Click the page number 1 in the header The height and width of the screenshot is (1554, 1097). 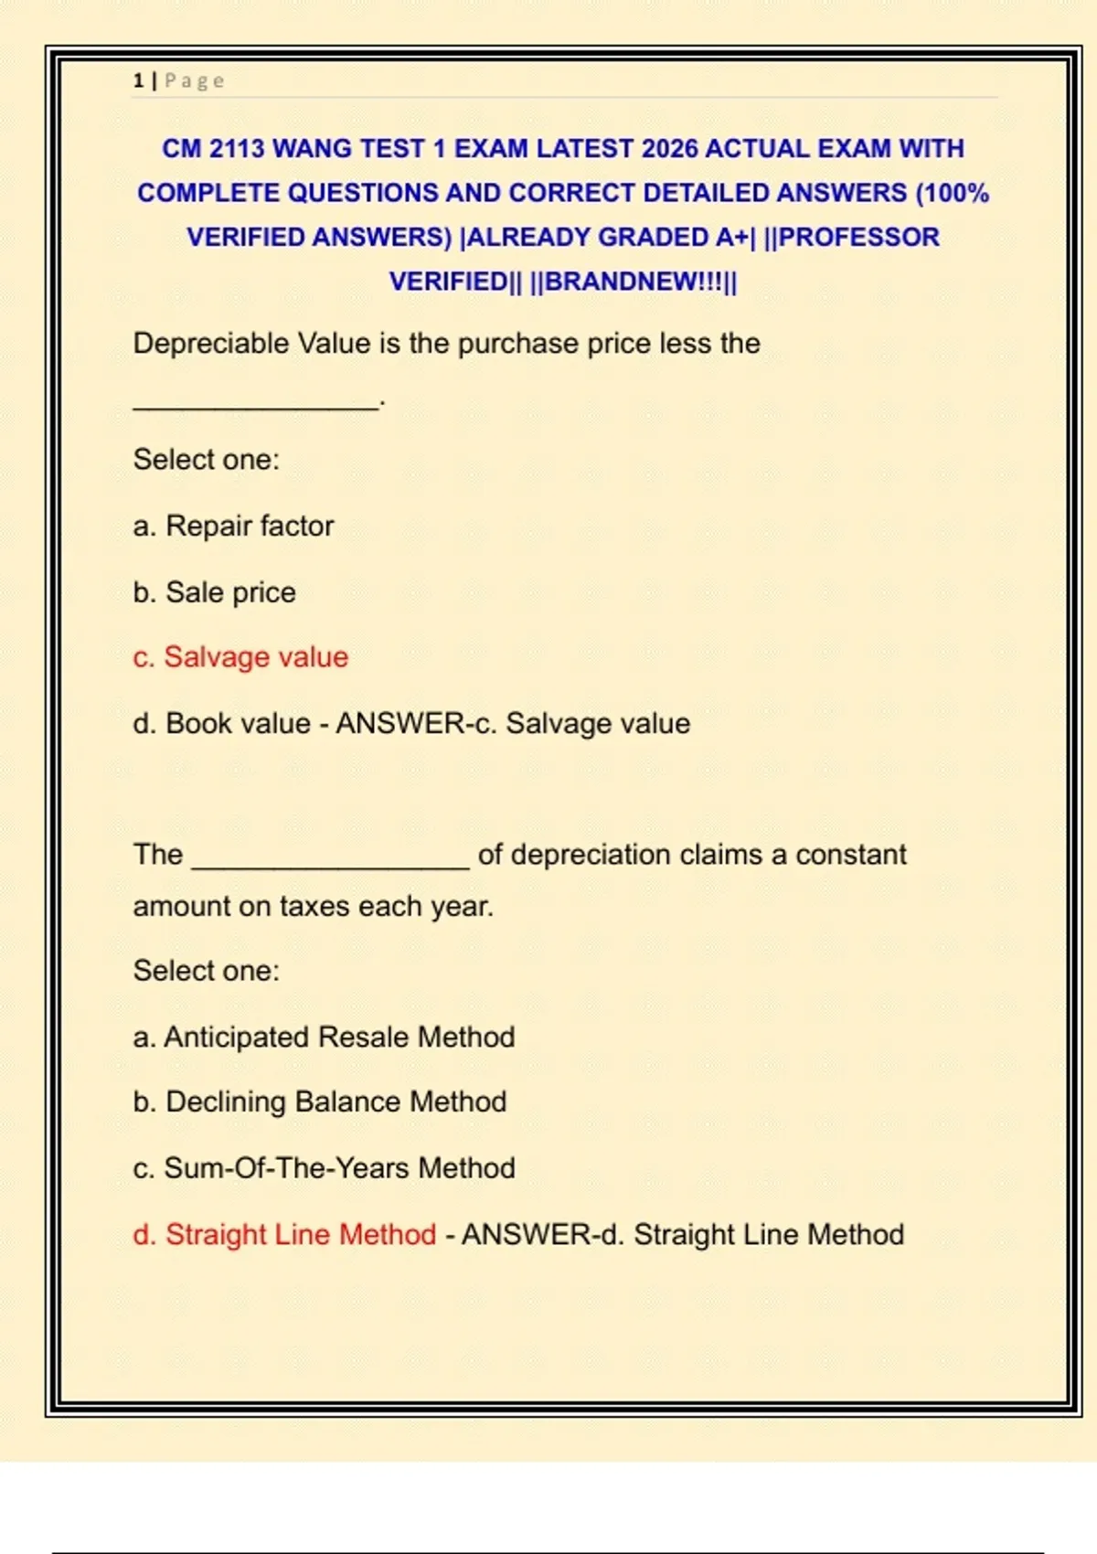click(138, 80)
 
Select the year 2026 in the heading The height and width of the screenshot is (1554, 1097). click(669, 148)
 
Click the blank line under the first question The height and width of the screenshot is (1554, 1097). click(255, 405)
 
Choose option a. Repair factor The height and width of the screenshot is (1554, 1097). click(233, 526)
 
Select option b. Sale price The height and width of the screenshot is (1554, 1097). click(214, 592)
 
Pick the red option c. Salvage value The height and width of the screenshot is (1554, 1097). click(240, 657)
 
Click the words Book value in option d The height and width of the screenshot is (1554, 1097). click(238, 723)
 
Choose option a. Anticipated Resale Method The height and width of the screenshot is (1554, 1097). click(324, 1037)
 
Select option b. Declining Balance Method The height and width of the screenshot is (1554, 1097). click(319, 1102)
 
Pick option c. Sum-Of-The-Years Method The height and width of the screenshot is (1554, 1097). click(324, 1167)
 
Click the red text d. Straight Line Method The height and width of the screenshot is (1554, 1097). click(284, 1234)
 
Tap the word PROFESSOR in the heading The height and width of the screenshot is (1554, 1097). click(858, 237)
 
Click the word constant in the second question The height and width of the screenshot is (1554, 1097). click(850, 855)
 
